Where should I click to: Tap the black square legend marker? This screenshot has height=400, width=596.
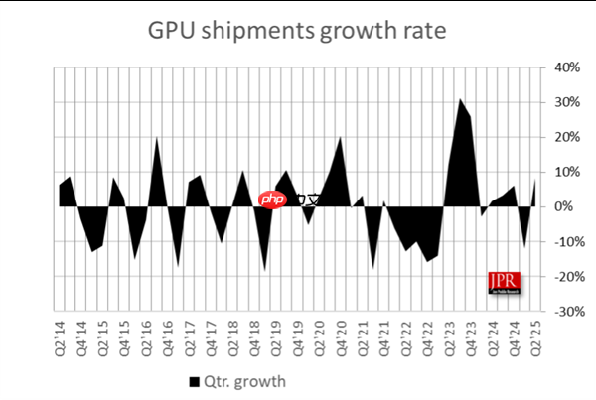tap(193, 381)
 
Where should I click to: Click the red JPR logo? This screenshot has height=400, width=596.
tap(503, 283)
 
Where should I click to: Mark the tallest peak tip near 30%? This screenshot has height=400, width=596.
tap(461, 98)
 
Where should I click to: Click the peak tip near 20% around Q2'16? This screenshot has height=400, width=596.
tap(156, 137)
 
